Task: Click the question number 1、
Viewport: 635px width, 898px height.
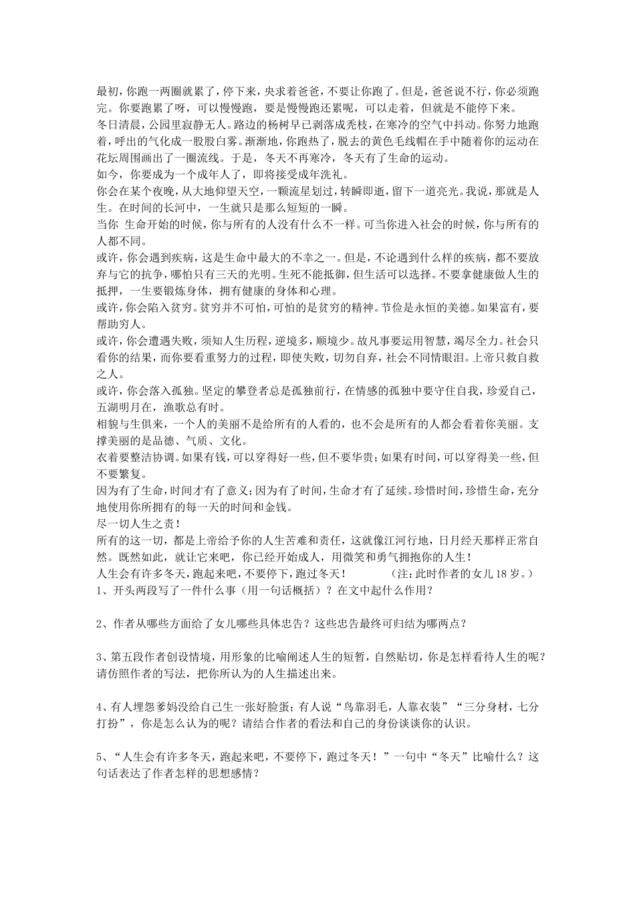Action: tap(104, 590)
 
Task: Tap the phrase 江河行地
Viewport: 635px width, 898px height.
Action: tap(415, 539)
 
